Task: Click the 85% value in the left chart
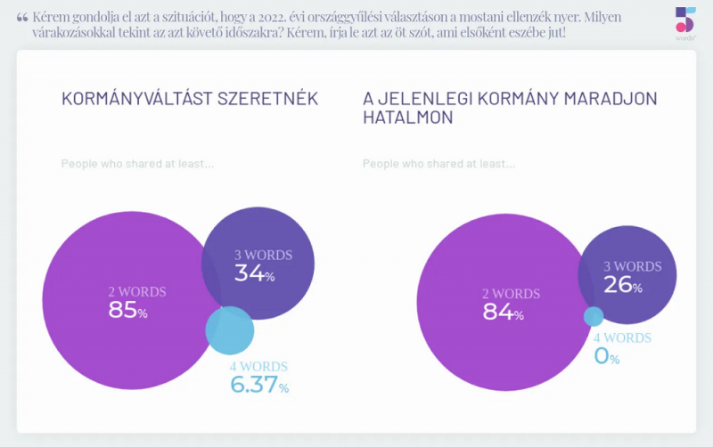(127, 310)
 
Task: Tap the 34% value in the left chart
(254, 273)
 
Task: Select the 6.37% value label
(259, 385)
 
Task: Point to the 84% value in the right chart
(503, 312)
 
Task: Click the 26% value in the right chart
(622, 285)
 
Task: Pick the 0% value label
(607, 355)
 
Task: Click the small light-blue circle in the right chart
(594, 317)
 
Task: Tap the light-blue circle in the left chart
(230, 330)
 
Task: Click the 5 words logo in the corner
(685, 23)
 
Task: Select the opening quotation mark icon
(21, 18)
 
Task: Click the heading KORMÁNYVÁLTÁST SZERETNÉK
(190, 99)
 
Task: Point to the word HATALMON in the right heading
(408, 118)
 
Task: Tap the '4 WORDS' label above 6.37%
(258, 366)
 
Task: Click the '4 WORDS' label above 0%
(622, 337)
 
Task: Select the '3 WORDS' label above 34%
(263, 255)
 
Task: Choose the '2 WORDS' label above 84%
(511, 294)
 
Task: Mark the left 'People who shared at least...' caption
(137, 164)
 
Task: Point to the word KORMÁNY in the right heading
(518, 99)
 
